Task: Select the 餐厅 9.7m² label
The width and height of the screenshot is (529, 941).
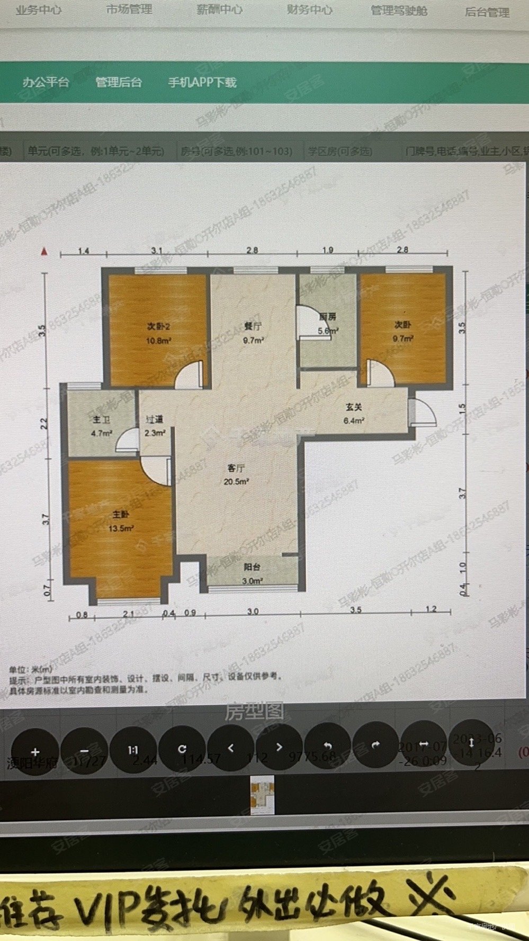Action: [x=253, y=333]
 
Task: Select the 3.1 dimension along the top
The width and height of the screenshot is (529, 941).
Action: [x=156, y=250]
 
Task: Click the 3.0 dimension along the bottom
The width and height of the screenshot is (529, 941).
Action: [x=253, y=611]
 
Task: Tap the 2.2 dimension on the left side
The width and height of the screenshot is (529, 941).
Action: [x=44, y=423]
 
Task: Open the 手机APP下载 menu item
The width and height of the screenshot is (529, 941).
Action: [x=202, y=82]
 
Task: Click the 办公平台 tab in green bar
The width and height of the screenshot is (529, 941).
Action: [x=46, y=82]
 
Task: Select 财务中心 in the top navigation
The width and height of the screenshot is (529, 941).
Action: [x=309, y=10]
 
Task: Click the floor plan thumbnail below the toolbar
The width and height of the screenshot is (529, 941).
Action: [x=262, y=795]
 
